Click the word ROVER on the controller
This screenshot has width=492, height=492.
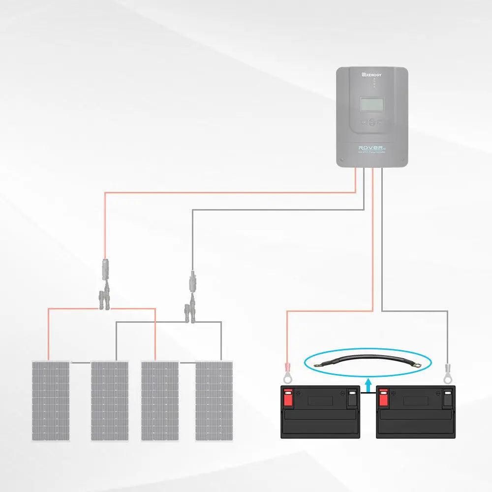pos(369,147)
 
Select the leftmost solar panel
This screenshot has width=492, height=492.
pos(51,400)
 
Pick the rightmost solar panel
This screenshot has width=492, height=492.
pos(214,400)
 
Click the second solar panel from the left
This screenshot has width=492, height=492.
pos(109,400)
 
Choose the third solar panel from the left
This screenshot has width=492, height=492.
pos(160,400)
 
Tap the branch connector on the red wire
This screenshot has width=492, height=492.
pos(104,298)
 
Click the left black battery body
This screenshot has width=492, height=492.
pos(320,418)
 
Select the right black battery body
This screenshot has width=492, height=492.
pos(416,418)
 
